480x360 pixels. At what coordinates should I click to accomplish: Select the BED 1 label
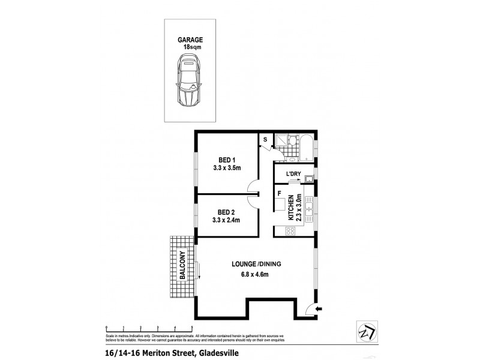227,160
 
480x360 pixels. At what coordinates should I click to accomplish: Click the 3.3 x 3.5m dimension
227,169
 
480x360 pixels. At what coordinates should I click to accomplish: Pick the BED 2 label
227,212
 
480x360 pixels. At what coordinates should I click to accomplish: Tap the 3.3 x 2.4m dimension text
227,220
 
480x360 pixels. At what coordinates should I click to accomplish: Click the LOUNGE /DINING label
257,264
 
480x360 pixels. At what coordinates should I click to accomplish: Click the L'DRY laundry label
293,174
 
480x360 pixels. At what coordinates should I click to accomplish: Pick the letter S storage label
265,140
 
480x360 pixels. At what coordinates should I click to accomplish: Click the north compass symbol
364,331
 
